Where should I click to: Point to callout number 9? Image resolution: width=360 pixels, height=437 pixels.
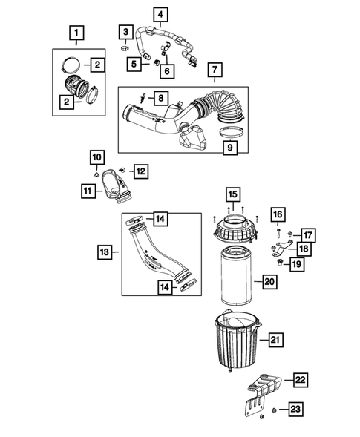click(x=232, y=149)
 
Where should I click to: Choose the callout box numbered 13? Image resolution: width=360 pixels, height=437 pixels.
click(x=105, y=252)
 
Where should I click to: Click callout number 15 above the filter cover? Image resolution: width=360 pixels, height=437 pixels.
click(x=232, y=194)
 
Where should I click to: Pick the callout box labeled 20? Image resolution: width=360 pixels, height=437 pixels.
click(x=269, y=282)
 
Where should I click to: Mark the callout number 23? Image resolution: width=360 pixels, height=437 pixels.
click(x=296, y=408)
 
